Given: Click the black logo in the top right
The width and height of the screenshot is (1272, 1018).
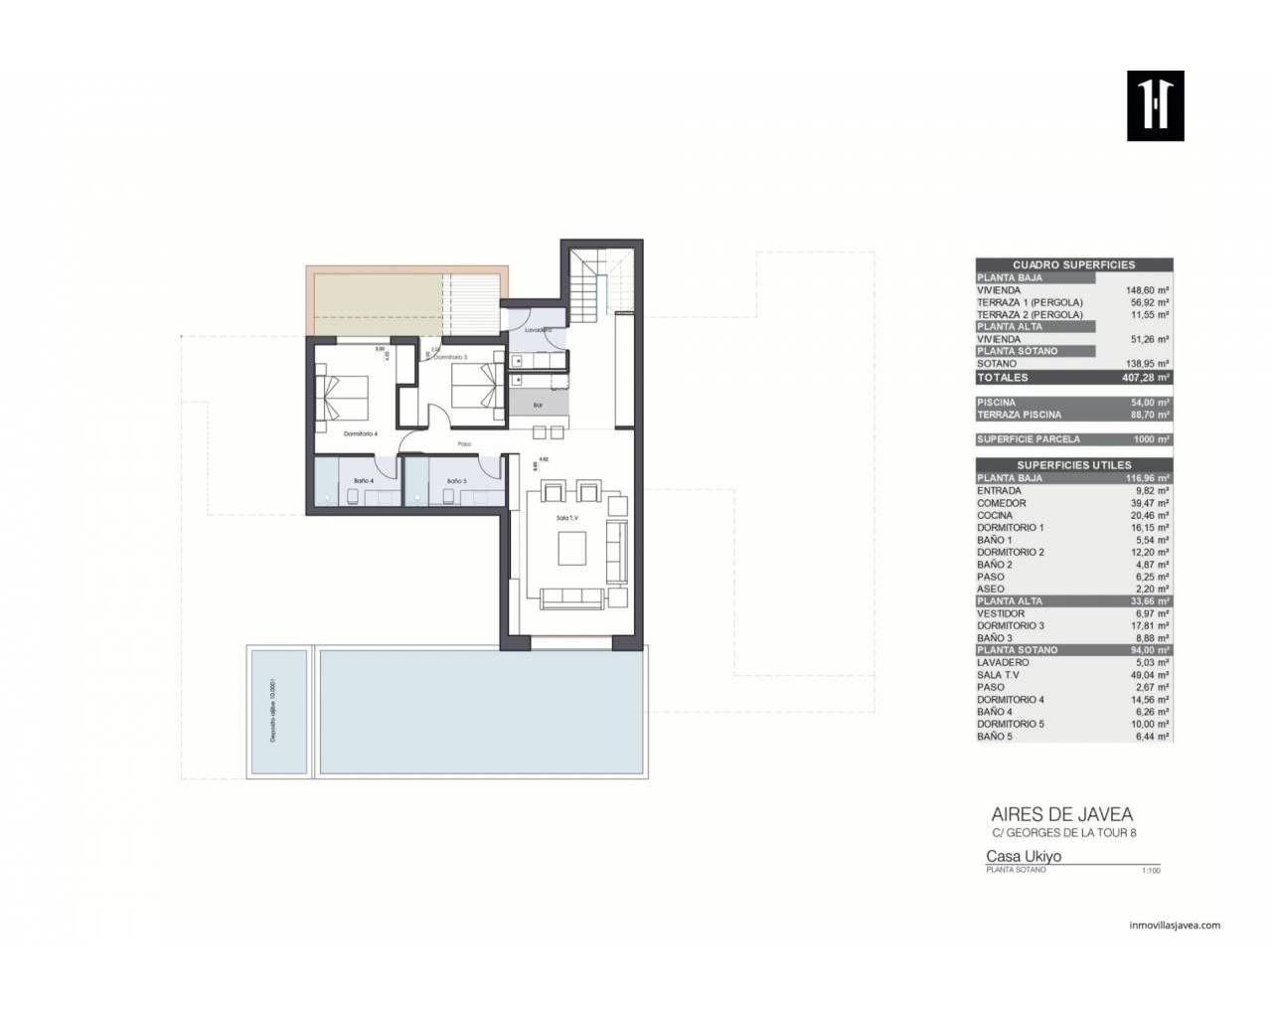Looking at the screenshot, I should point(1155,105).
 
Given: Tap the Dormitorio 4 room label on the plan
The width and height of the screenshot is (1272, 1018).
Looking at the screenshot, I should point(361,433).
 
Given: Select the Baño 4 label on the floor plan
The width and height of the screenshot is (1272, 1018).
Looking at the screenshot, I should point(364,481).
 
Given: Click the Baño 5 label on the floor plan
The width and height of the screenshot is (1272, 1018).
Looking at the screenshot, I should point(456,481).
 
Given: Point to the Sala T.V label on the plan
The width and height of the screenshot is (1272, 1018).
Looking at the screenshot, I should point(567,518).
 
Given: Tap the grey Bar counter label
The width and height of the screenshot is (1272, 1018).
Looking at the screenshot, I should point(538,405).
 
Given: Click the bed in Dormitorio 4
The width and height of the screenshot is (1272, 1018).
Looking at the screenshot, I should point(342,395).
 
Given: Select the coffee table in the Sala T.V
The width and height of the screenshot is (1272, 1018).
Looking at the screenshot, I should point(571,548).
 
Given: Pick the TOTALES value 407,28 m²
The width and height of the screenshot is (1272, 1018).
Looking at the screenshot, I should point(1143,378).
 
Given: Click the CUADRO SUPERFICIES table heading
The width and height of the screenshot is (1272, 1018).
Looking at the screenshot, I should point(1073,264).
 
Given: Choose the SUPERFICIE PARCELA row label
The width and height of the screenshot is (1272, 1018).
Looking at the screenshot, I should point(1028,439).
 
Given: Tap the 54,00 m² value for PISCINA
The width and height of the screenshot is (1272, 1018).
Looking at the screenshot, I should point(1148,403).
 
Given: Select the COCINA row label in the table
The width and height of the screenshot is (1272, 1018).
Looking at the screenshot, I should point(995,515).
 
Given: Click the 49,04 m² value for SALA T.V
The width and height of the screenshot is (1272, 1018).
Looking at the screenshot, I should point(1148,675).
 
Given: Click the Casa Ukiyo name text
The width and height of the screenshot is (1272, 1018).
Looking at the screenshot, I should point(1023,856).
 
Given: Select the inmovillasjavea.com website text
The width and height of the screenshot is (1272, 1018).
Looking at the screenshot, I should point(1175,925).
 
